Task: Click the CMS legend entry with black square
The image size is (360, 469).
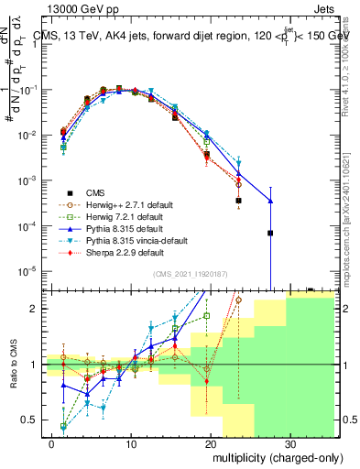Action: coord(95,192)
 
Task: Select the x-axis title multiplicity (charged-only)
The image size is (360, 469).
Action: coord(273,455)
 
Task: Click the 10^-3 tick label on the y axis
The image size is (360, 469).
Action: coord(33,180)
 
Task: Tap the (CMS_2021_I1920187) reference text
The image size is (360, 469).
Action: coord(191,274)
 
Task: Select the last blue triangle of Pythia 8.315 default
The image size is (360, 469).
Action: coord(270,201)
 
